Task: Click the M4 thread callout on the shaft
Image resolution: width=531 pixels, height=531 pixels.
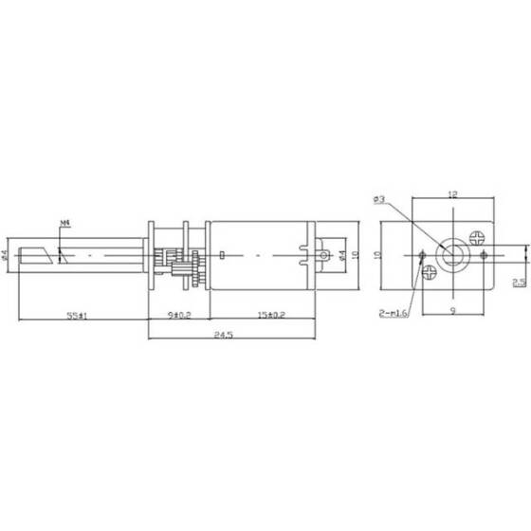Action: [x=64, y=225]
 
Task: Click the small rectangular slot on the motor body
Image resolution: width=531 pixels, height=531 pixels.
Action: [x=221, y=255]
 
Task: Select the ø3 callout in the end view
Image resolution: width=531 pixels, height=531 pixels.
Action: [x=378, y=199]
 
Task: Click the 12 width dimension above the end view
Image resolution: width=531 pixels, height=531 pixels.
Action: [x=451, y=195]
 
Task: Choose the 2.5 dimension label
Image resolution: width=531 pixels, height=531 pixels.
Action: [x=519, y=282]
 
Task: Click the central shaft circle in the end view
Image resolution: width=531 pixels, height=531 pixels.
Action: [x=452, y=254]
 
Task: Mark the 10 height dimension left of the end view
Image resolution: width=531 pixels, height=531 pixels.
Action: [x=376, y=255]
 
